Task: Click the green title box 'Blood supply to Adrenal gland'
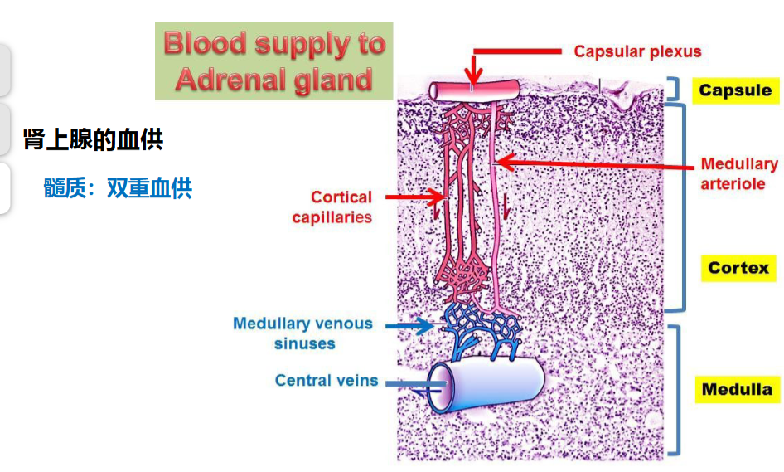[274, 61]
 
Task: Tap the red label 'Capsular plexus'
[637, 51]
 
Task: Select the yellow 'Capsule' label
[735, 90]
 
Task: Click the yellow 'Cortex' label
[738, 268]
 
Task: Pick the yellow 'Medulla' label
[737, 389]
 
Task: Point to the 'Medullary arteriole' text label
[739, 173]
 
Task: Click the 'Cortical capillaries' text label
[332, 207]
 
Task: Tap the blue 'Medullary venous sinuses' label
[303, 333]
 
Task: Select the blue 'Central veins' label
[327, 381]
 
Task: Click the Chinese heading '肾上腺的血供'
[94, 139]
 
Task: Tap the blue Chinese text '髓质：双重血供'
[118, 188]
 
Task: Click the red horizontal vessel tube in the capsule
[474, 91]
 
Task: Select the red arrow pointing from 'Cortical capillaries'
[415, 197]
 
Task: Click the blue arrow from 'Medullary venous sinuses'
[410, 326]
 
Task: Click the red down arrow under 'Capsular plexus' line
[473, 70]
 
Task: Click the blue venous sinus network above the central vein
[481, 328]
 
